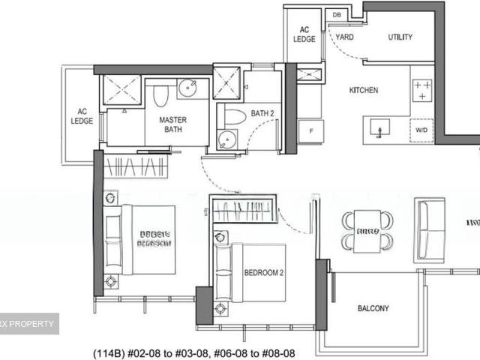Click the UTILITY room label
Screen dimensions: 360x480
(x=400, y=37)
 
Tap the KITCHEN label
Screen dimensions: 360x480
(x=363, y=91)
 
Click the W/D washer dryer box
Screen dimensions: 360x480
(x=421, y=130)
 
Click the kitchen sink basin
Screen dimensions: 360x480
(x=380, y=130)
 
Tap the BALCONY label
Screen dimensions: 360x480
(x=373, y=308)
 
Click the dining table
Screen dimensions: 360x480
(x=367, y=231)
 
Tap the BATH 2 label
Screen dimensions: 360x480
(x=263, y=114)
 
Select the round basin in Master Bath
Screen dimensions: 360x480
(x=187, y=88)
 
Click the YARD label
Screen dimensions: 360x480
(x=344, y=37)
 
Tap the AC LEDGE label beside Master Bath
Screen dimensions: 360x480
(x=81, y=115)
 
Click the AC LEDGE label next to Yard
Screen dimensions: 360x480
(x=304, y=34)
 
